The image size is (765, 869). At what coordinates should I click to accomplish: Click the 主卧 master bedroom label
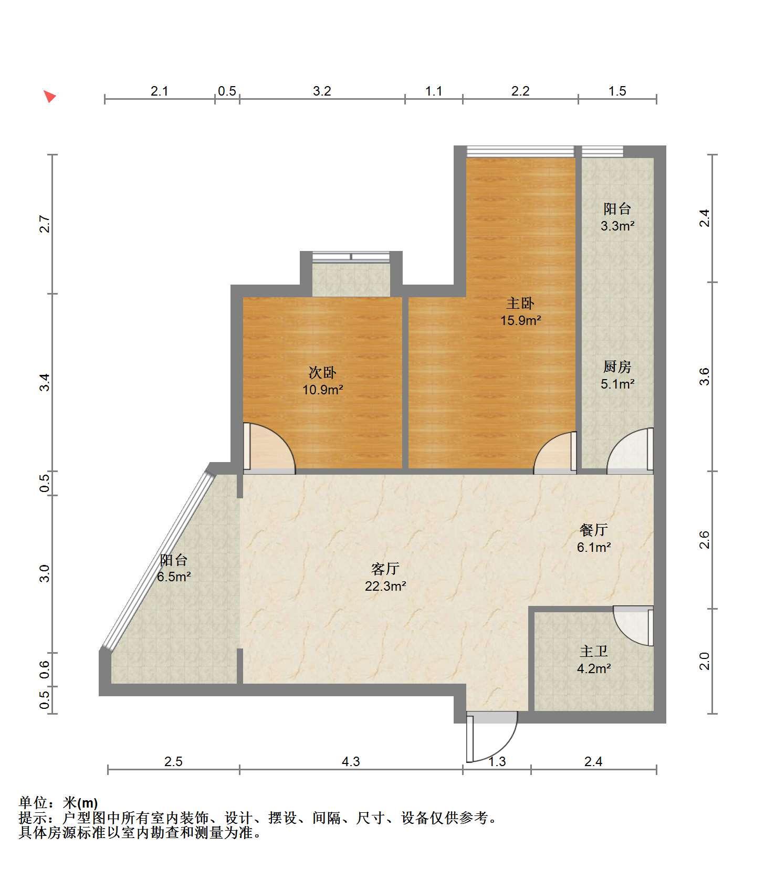(x=520, y=303)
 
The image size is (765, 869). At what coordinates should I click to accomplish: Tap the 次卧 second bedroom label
(x=322, y=373)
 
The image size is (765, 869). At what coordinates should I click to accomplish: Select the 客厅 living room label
(x=385, y=569)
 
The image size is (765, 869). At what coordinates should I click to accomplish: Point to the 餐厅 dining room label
(x=593, y=530)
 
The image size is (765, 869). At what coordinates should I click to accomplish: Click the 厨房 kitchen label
(x=617, y=367)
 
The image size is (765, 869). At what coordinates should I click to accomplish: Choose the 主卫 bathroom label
(x=593, y=652)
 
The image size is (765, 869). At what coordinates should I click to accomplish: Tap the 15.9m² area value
(x=520, y=320)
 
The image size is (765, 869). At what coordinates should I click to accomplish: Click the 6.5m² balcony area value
(x=173, y=577)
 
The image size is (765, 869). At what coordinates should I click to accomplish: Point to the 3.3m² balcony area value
(x=617, y=226)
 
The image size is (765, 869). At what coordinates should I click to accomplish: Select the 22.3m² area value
(x=385, y=586)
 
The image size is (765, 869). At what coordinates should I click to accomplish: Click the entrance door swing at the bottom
(x=492, y=737)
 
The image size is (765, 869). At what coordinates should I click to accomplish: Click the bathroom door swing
(x=634, y=626)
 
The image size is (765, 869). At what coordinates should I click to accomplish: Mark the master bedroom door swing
(x=555, y=453)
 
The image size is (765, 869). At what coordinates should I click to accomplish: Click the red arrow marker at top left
(x=49, y=97)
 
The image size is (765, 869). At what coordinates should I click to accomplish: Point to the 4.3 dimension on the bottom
(x=351, y=761)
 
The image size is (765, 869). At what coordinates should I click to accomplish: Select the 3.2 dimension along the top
(x=322, y=91)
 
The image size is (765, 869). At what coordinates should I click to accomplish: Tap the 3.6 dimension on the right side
(x=705, y=376)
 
